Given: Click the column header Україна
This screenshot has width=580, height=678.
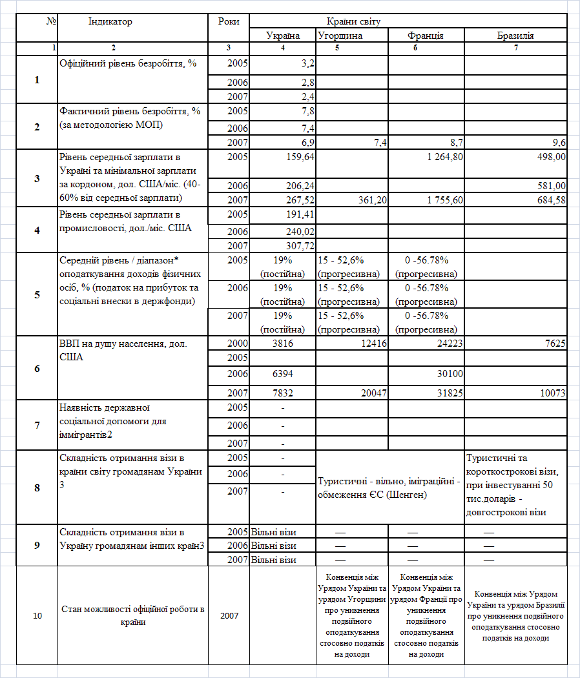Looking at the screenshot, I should (x=283, y=36).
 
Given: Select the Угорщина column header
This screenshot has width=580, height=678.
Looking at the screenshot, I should (x=340, y=36).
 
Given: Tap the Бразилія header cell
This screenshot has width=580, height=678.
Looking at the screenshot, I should (x=515, y=36).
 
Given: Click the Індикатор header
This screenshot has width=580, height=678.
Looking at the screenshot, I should (x=110, y=21).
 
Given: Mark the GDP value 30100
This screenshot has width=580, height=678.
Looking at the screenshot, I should (x=449, y=374).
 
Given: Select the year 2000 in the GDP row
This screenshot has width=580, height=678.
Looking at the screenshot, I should (x=238, y=344).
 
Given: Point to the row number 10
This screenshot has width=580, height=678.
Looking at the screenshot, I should (x=37, y=615).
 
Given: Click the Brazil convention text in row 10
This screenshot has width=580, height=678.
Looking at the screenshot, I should (x=515, y=615).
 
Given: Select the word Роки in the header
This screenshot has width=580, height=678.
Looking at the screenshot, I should (x=229, y=21).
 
